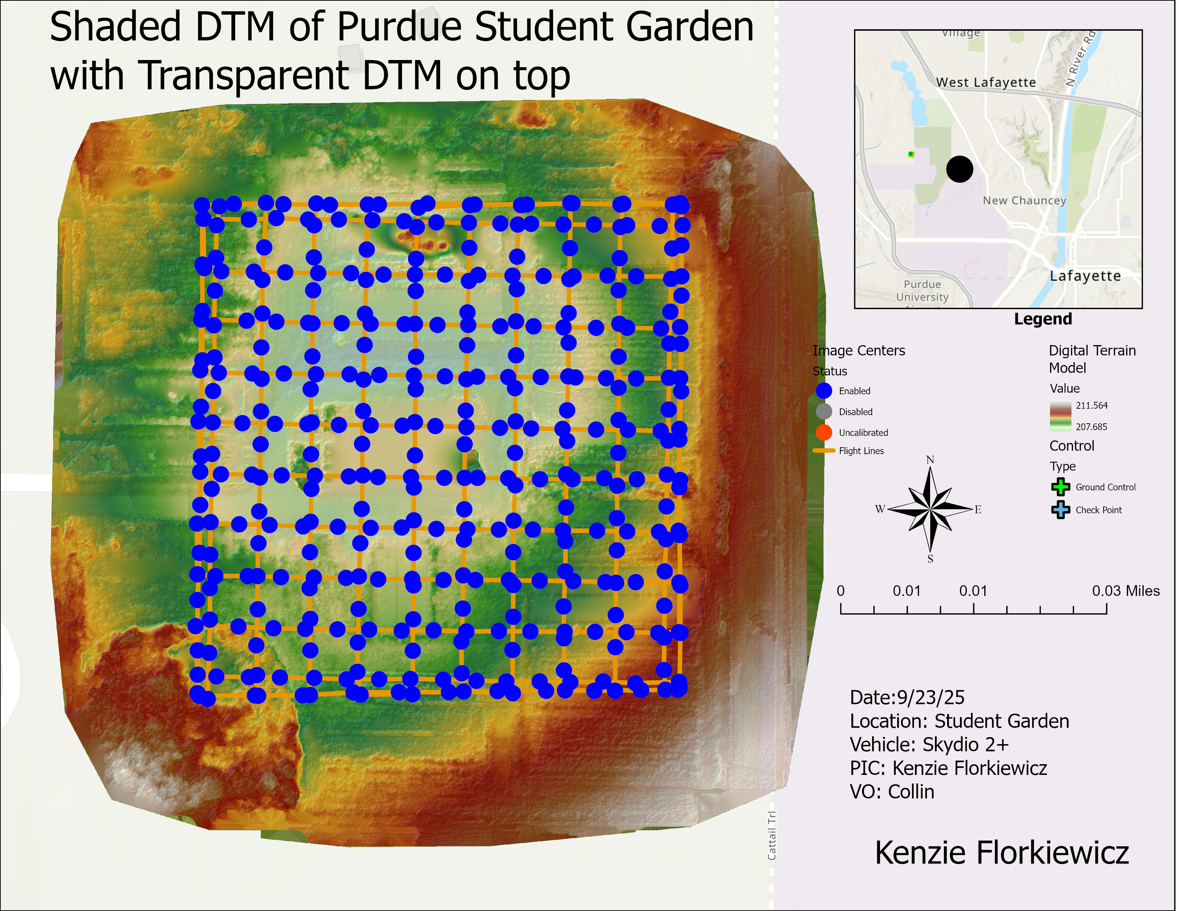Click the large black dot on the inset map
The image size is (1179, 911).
[959, 169]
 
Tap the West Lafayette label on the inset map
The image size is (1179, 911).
[986, 83]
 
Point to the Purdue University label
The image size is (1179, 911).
[922, 290]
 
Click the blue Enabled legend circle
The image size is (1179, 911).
[824, 391]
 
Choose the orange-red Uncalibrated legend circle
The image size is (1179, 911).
[824, 432]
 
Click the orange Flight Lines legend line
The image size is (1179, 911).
[824, 450]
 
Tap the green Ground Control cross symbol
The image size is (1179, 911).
[1060, 487]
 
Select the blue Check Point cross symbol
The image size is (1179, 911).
[1060, 509]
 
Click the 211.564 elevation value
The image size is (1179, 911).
[1091, 405]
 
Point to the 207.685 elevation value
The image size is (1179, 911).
[1091, 427]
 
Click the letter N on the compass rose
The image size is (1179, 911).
[930, 460]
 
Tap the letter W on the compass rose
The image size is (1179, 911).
[880, 509]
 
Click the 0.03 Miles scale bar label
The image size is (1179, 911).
[1125, 591]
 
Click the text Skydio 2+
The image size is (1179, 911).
[965, 745]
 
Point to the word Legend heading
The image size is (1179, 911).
[1043, 319]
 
